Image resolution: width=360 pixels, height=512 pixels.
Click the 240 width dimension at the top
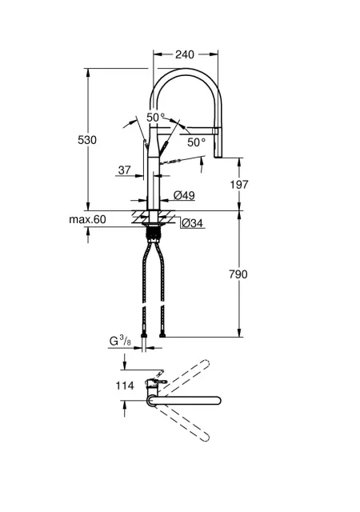coord(185,54)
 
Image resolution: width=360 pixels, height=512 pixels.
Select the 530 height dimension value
coord(87,140)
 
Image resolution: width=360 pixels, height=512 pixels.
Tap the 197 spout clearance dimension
coord(239,185)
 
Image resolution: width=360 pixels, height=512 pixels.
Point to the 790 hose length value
coord(238,274)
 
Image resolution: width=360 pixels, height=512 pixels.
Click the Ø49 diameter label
coord(184,195)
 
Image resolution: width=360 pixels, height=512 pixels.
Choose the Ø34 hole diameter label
coord(192,223)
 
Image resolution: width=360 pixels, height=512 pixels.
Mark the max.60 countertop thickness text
coord(87,219)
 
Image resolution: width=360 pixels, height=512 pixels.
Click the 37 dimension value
coord(125,170)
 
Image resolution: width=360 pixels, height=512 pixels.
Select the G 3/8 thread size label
coord(120,342)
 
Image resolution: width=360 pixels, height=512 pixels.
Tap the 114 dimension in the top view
coord(125,386)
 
